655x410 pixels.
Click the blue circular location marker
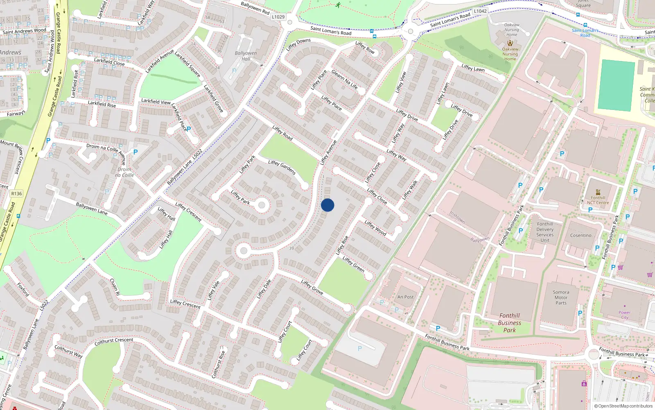(x=327, y=205)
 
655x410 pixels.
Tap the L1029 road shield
(x=278, y=17)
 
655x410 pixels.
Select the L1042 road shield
(x=480, y=11)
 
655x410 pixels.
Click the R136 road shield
(x=17, y=194)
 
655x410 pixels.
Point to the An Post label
(x=405, y=297)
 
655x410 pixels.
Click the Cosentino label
(x=580, y=235)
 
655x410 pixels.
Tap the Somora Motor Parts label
(x=561, y=298)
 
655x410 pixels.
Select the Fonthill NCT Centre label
(x=598, y=200)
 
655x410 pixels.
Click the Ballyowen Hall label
(x=246, y=56)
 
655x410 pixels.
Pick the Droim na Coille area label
(x=124, y=172)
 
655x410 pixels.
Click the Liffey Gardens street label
(x=282, y=167)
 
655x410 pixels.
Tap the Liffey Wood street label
(x=375, y=228)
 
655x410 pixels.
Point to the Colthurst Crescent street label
(x=114, y=341)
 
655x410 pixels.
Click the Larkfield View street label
(x=156, y=101)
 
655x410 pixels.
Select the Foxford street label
(x=23, y=289)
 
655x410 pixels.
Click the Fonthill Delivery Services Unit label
(x=545, y=232)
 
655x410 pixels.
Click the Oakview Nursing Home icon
(x=510, y=43)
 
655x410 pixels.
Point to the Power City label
(x=625, y=315)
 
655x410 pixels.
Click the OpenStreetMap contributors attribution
(x=623, y=406)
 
